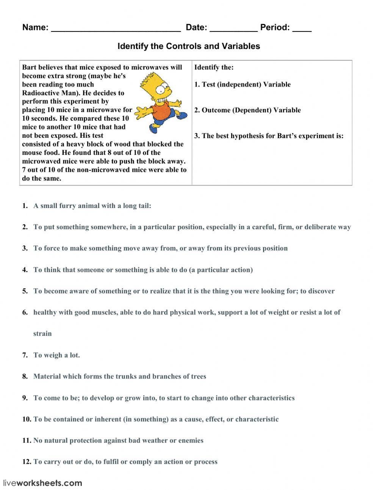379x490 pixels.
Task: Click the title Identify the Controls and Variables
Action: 188,46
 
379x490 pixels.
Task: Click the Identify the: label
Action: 214,68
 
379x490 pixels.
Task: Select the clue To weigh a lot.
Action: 56,355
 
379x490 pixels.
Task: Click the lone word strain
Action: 42,334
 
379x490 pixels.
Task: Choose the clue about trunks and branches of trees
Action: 120,377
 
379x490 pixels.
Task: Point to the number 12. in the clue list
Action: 26,462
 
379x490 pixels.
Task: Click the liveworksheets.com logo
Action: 42,483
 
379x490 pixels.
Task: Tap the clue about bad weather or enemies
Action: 118,441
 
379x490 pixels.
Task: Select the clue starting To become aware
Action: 184,291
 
